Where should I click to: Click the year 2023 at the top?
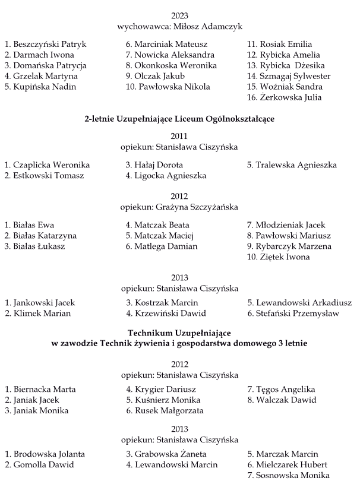[x=179, y=15]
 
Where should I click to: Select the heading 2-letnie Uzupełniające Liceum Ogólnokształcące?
[x=179, y=119]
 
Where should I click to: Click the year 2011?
[x=179, y=136]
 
